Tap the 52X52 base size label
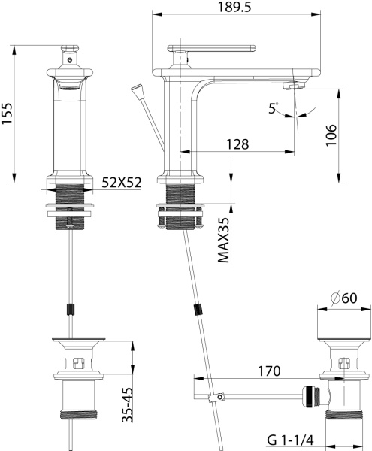coord(122,182)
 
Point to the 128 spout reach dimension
coord(237,144)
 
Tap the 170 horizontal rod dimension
coord(267,370)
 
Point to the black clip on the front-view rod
coord(72,309)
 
